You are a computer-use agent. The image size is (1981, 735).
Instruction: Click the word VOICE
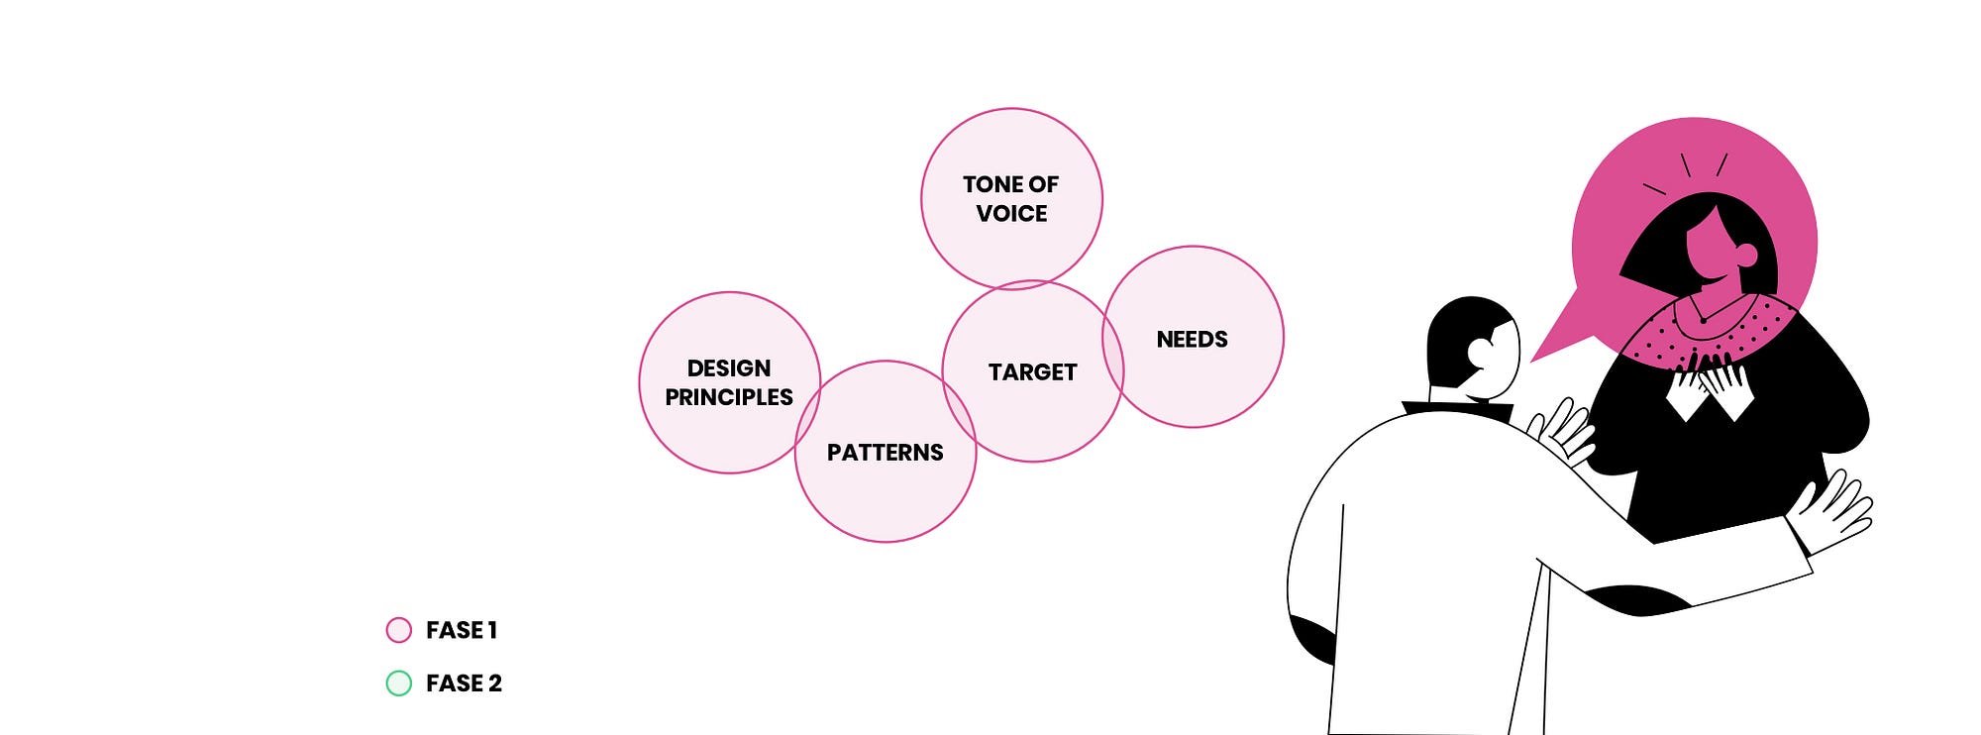1011,213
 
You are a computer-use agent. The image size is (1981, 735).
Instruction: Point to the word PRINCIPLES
729,397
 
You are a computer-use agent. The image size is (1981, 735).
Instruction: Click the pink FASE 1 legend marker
398,630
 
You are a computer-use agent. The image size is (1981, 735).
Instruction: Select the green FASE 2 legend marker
398,683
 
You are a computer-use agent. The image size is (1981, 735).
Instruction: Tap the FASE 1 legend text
462,630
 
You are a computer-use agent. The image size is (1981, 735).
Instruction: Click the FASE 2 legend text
464,683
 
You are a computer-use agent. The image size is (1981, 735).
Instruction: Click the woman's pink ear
1746,256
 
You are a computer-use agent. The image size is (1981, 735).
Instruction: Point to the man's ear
1482,352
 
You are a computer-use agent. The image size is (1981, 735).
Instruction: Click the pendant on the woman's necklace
1703,321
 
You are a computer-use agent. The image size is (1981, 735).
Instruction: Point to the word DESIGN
729,368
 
